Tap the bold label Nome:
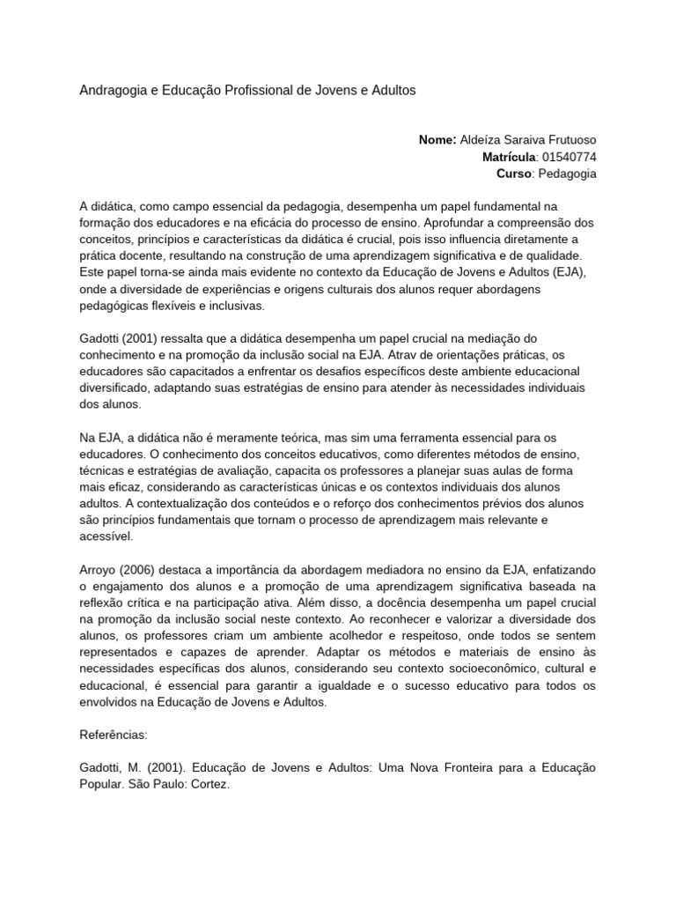[x=437, y=140]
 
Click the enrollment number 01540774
[x=569, y=157]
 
